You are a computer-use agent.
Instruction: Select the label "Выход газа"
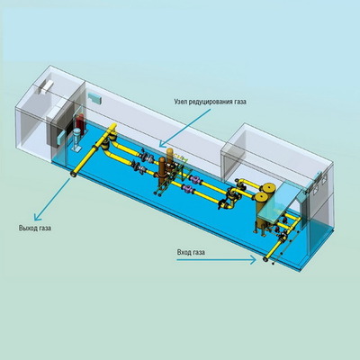(35, 228)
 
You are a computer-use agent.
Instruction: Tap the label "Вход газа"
(191, 252)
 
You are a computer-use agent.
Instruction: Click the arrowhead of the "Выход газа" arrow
(37, 217)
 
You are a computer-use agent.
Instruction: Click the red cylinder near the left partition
(80, 122)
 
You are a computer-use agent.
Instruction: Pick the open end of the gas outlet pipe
(74, 174)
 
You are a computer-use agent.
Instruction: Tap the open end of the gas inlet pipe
(265, 259)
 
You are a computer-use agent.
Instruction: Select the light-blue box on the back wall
(94, 98)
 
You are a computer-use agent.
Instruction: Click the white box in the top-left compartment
(44, 86)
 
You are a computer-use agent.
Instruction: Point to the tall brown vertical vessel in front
(162, 169)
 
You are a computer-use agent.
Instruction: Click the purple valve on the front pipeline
(188, 189)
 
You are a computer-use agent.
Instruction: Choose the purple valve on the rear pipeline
(196, 179)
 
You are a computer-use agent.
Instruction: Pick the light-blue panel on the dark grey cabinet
(61, 139)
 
